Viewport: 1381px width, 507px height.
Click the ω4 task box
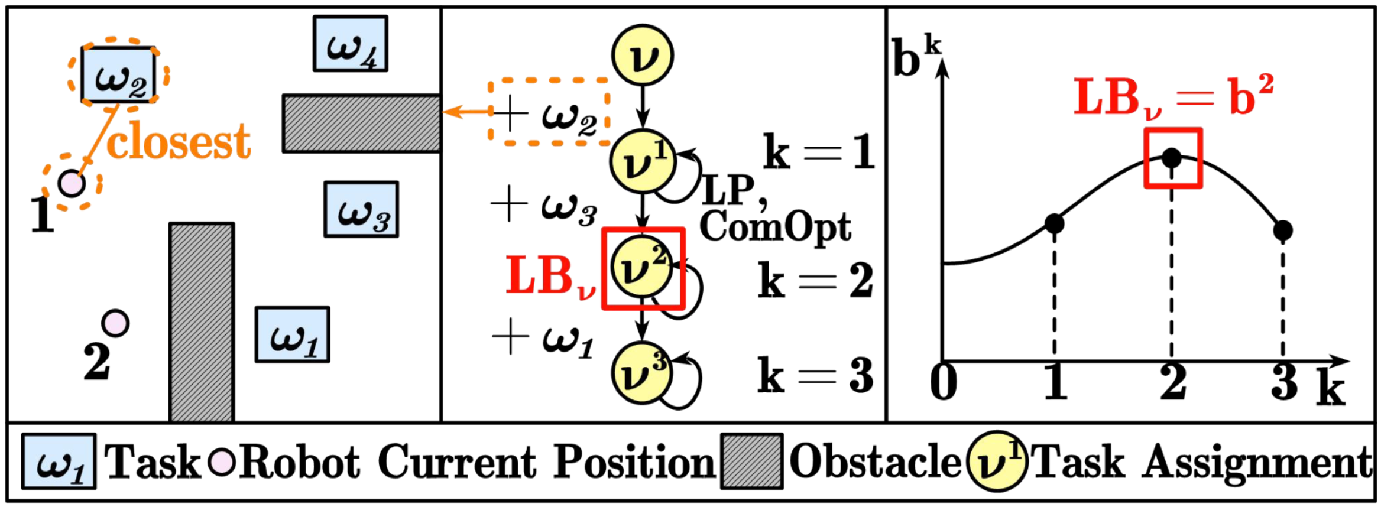pyautogui.click(x=351, y=44)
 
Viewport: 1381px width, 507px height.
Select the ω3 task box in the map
pyautogui.click(x=361, y=209)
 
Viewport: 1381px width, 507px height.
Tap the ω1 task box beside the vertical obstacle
pyautogui.click(x=292, y=334)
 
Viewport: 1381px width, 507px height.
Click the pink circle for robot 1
pyautogui.click(x=72, y=183)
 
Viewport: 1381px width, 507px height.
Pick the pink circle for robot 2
pyautogui.click(x=115, y=323)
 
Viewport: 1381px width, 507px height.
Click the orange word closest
pyautogui.click(x=179, y=141)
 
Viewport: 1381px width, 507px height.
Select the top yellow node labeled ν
pyautogui.click(x=643, y=56)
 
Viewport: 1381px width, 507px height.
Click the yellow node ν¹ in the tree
pyautogui.click(x=643, y=161)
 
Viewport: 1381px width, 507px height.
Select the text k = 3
pyautogui.click(x=816, y=375)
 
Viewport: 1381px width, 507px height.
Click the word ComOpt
pyautogui.click(x=776, y=227)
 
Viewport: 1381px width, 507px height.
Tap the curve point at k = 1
pyautogui.click(x=1054, y=224)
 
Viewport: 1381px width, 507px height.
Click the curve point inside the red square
pyautogui.click(x=1172, y=158)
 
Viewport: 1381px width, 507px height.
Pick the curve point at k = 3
pyautogui.click(x=1283, y=230)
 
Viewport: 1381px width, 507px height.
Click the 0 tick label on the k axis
pyautogui.click(x=944, y=382)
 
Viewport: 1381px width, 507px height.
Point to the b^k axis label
pyautogui.click(x=917, y=56)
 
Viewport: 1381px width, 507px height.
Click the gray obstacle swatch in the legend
pyautogui.click(x=752, y=461)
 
